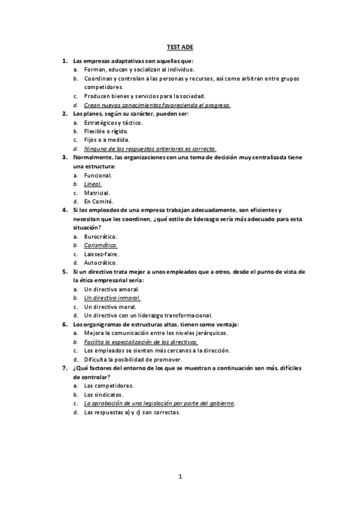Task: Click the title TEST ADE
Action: [x=180, y=46]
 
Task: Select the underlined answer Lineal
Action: [x=93, y=184]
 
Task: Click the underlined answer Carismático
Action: [x=100, y=245]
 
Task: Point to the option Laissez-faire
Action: [x=102, y=254]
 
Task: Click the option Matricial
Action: [x=97, y=192]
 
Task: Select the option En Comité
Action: [x=99, y=201]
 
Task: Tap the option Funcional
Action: [x=98, y=175]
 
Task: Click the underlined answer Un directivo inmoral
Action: [x=112, y=298]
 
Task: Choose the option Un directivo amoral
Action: [x=112, y=289]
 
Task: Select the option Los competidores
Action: [x=109, y=386]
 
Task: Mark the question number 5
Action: [x=64, y=271]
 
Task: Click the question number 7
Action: [x=64, y=367]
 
